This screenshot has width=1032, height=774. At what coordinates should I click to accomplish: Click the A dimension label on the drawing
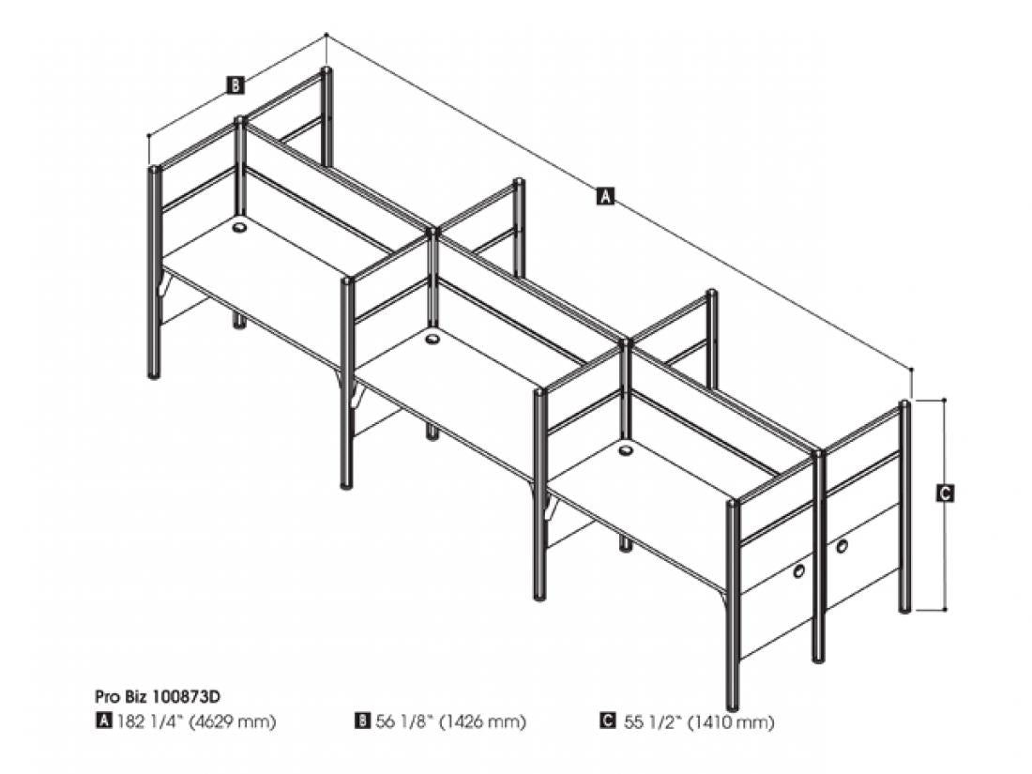(605, 195)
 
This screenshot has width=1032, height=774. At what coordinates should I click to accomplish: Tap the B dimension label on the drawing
(235, 84)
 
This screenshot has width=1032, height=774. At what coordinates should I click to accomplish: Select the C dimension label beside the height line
(945, 493)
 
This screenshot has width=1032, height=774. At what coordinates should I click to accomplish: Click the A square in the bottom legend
(103, 721)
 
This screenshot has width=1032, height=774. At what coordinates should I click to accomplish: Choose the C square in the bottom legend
(608, 721)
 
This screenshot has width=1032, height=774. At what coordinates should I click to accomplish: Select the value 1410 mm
(731, 722)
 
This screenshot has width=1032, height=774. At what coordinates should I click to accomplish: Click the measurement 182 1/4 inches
(150, 721)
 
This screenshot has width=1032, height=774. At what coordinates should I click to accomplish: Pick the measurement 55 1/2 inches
(652, 721)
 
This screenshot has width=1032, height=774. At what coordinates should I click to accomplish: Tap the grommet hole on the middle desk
(433, 339)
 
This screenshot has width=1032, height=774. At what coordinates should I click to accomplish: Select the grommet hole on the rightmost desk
(627, 451)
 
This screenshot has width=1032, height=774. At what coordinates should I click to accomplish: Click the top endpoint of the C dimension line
(945, 400)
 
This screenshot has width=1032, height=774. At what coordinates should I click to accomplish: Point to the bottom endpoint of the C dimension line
(945, 610)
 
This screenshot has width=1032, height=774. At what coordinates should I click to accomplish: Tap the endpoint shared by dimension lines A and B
(326, 35)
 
